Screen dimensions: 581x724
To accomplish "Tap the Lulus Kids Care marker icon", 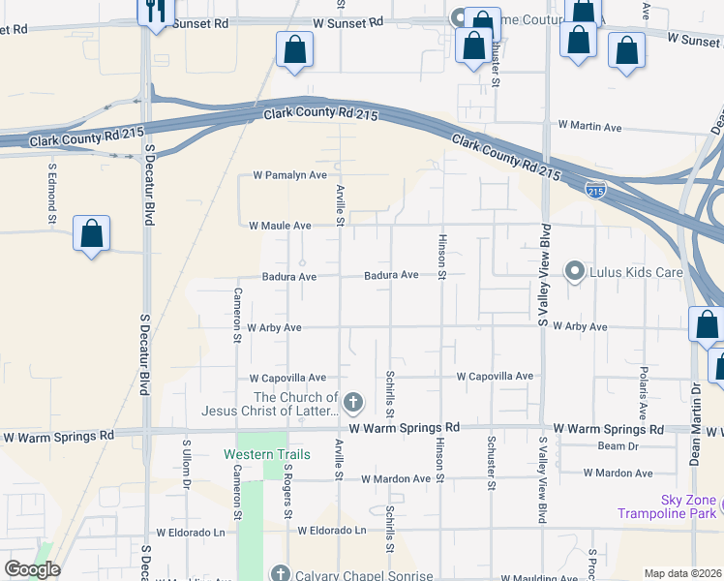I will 574,271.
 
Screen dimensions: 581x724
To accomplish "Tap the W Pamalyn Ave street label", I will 289,175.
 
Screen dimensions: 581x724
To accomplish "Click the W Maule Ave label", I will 280,226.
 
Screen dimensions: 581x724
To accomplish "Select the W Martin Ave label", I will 589,127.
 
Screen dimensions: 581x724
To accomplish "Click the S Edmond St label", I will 52,193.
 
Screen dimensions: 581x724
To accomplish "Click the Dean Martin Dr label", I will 695,424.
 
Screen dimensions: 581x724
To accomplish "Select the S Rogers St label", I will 288,489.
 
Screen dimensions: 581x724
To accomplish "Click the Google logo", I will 31,569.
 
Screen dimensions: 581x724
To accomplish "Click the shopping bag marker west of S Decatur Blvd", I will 91,233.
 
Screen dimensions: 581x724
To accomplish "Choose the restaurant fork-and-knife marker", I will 154,12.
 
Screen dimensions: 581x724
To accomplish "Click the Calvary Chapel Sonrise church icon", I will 281,573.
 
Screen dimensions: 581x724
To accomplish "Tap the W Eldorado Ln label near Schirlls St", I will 332,531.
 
